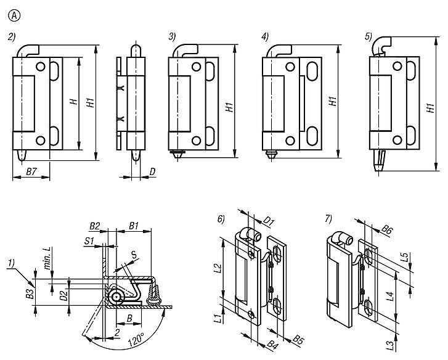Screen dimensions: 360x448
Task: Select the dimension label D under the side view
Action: point(151,171)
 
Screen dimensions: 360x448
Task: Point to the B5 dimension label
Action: point(298,339)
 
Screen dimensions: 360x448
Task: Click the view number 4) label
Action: point(265,37)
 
